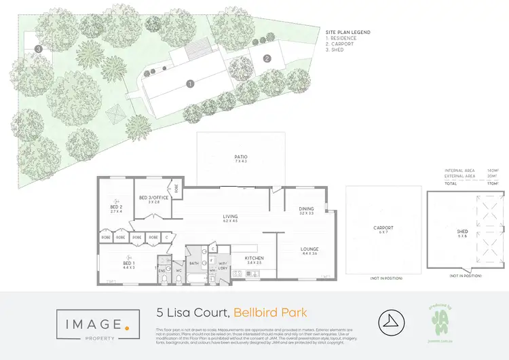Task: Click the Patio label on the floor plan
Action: click(x=241, y=157)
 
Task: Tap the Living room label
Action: click(x=231, y=218)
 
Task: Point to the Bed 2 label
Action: click(x=115, y=207)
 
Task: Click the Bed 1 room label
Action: click(x=129, y=264)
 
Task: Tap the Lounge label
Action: click(x=309, y=249)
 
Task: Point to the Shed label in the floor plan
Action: click(x=462, y=232)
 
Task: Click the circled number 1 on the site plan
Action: click(x=191, y=84)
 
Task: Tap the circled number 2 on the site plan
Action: click(x=267, y=58)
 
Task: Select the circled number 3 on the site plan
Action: click(x=39, y=49)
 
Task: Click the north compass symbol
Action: click(x=388, y=319)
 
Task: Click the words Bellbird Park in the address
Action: click(x=270, y=313)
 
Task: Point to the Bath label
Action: click(x=193, y=262)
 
